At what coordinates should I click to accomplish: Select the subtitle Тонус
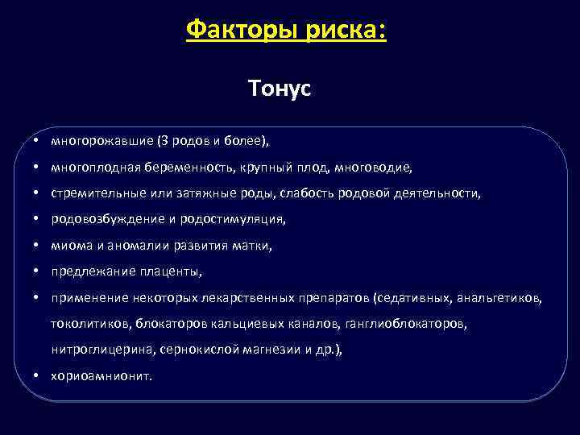[x=280, y=89]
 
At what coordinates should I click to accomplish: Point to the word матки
[x=253, y=245]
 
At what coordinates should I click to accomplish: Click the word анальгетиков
[x=499, y=298]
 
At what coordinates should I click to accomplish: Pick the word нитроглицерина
[x=102, y=350]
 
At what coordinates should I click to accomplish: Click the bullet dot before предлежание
[x=38, y=271]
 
